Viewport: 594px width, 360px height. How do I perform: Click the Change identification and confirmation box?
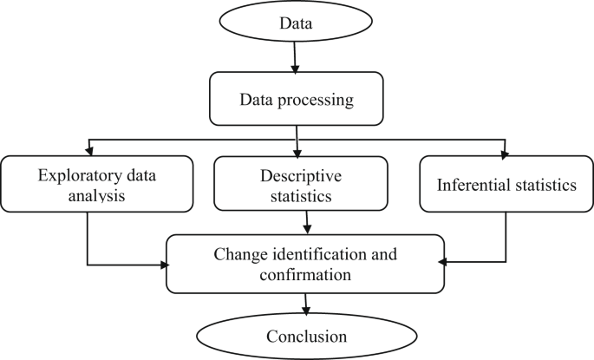pos(304,263)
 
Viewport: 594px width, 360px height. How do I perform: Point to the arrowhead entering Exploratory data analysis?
pos(88,151)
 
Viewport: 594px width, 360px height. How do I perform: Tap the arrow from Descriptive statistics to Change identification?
pos(305,223)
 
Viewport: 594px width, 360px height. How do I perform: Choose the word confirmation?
pos(304,275)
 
